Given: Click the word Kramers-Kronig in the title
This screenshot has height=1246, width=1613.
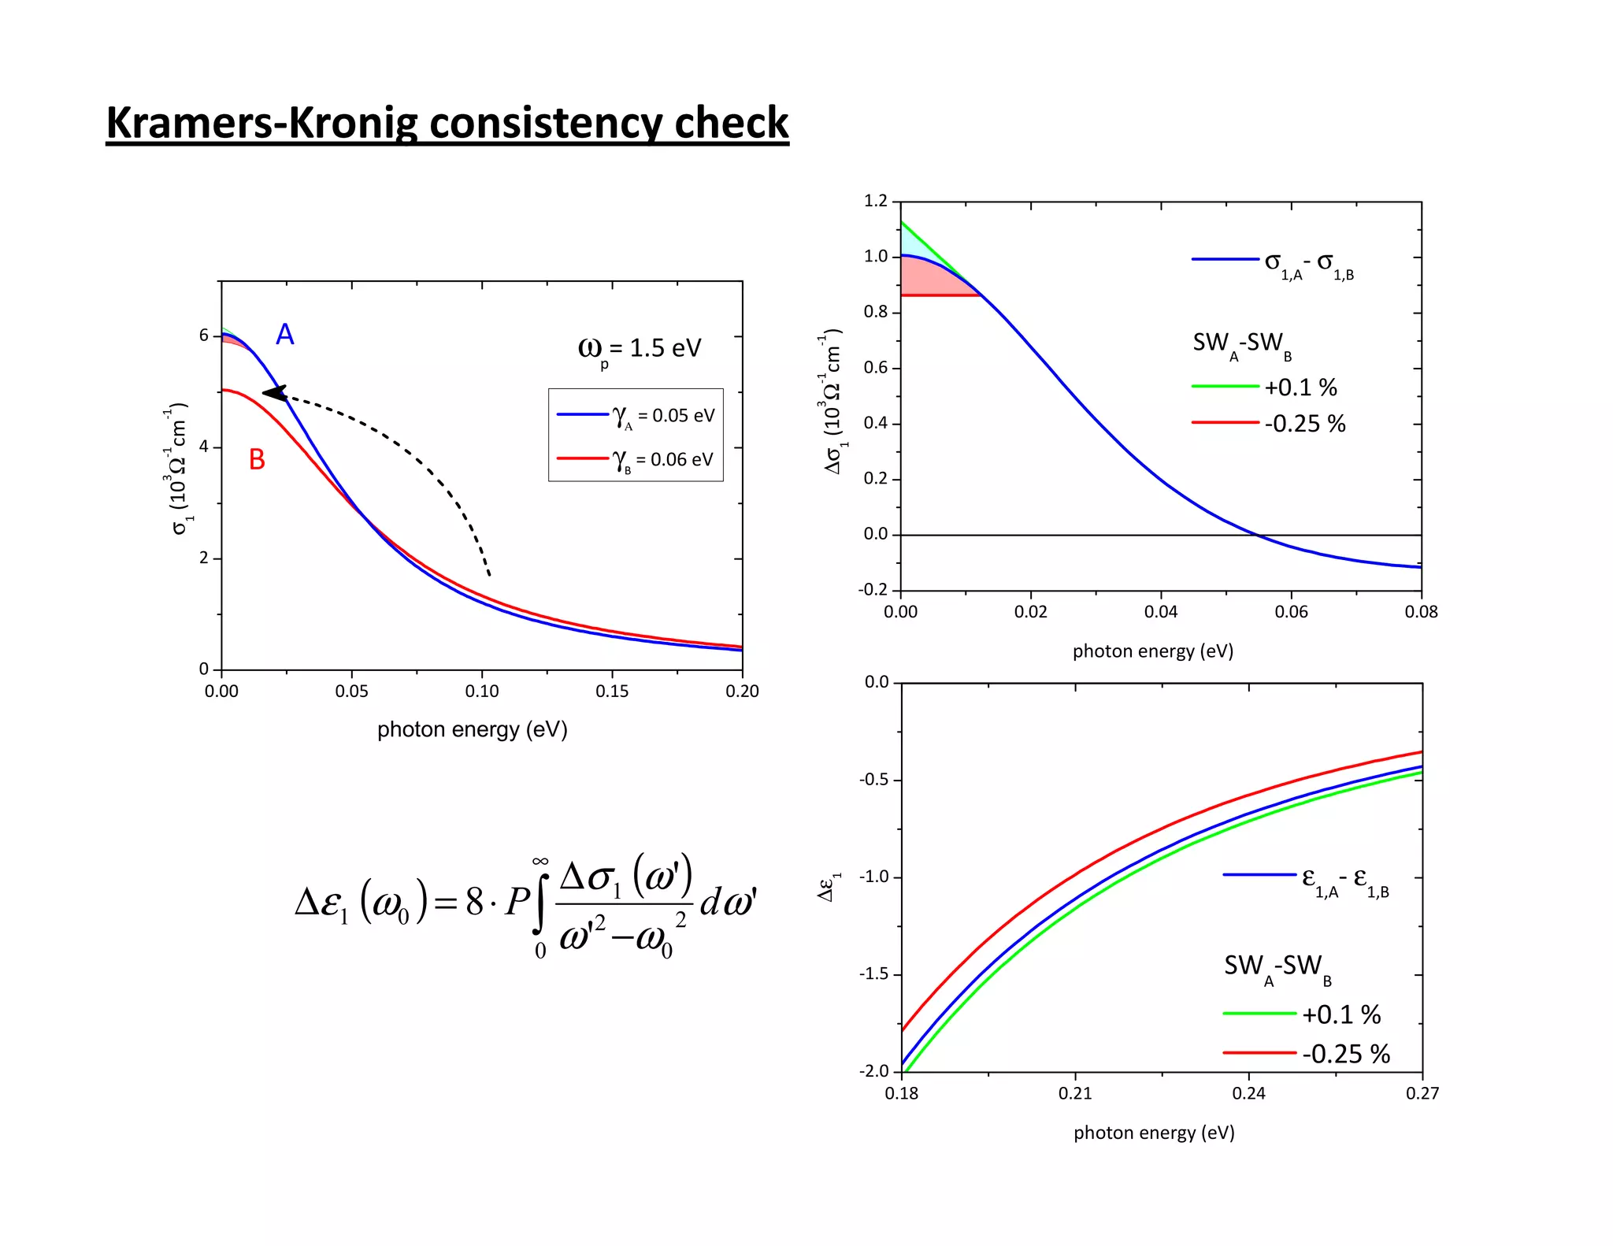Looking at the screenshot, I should (x=263, y=123).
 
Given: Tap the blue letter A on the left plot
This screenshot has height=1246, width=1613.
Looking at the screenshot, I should (x=284, y=335).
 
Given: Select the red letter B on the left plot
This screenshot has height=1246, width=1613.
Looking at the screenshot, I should (x=257, y=459).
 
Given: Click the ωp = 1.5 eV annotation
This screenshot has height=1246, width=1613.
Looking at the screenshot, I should (x=639, y=348).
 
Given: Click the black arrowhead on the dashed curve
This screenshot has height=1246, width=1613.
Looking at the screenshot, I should (x=273, y=392).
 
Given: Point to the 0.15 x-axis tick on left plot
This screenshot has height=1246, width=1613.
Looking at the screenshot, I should (x=612, y=692).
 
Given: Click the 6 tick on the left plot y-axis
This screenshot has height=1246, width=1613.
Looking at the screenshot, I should (x=204, y=336).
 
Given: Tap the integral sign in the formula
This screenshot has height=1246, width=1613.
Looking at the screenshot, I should (x=540, y=903).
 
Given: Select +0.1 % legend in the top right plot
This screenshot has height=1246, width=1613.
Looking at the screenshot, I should (x=1300, y=388).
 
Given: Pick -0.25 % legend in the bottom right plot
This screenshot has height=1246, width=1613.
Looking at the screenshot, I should (x=1346, y=1054).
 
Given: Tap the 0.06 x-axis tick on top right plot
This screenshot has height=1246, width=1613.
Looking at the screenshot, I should (x=1291, y=612).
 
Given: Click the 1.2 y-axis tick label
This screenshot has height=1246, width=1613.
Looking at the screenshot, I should (x=875, y=201).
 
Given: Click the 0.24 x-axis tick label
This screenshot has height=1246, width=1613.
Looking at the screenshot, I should (x=1248, y=1093).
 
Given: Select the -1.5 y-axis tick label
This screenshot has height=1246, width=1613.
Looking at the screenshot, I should (x=874, y=974).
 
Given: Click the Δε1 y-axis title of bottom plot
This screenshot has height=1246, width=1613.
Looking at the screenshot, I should (x=829, y=886).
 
